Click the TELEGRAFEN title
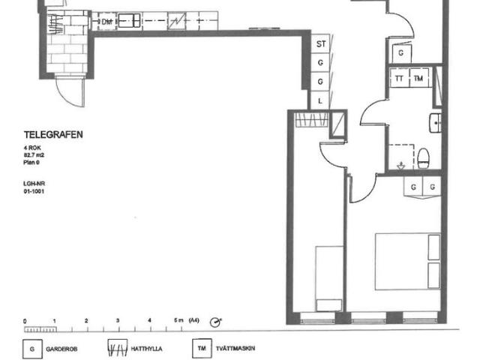[x=53, y=135]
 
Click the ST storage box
[x=321, y=44]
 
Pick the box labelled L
[x=321, y=100]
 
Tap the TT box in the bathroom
[x=399, y=79]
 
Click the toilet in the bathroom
[x=424, y=158]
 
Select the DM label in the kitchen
[x=107, y=22]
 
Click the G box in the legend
[x=31, y=349]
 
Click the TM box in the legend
[x=200, y=349]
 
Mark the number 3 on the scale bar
[x=118, y=320]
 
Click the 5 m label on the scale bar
[x=178, y=320]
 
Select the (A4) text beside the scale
[x=194, y=320]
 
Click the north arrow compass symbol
[x=216, y=322]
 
